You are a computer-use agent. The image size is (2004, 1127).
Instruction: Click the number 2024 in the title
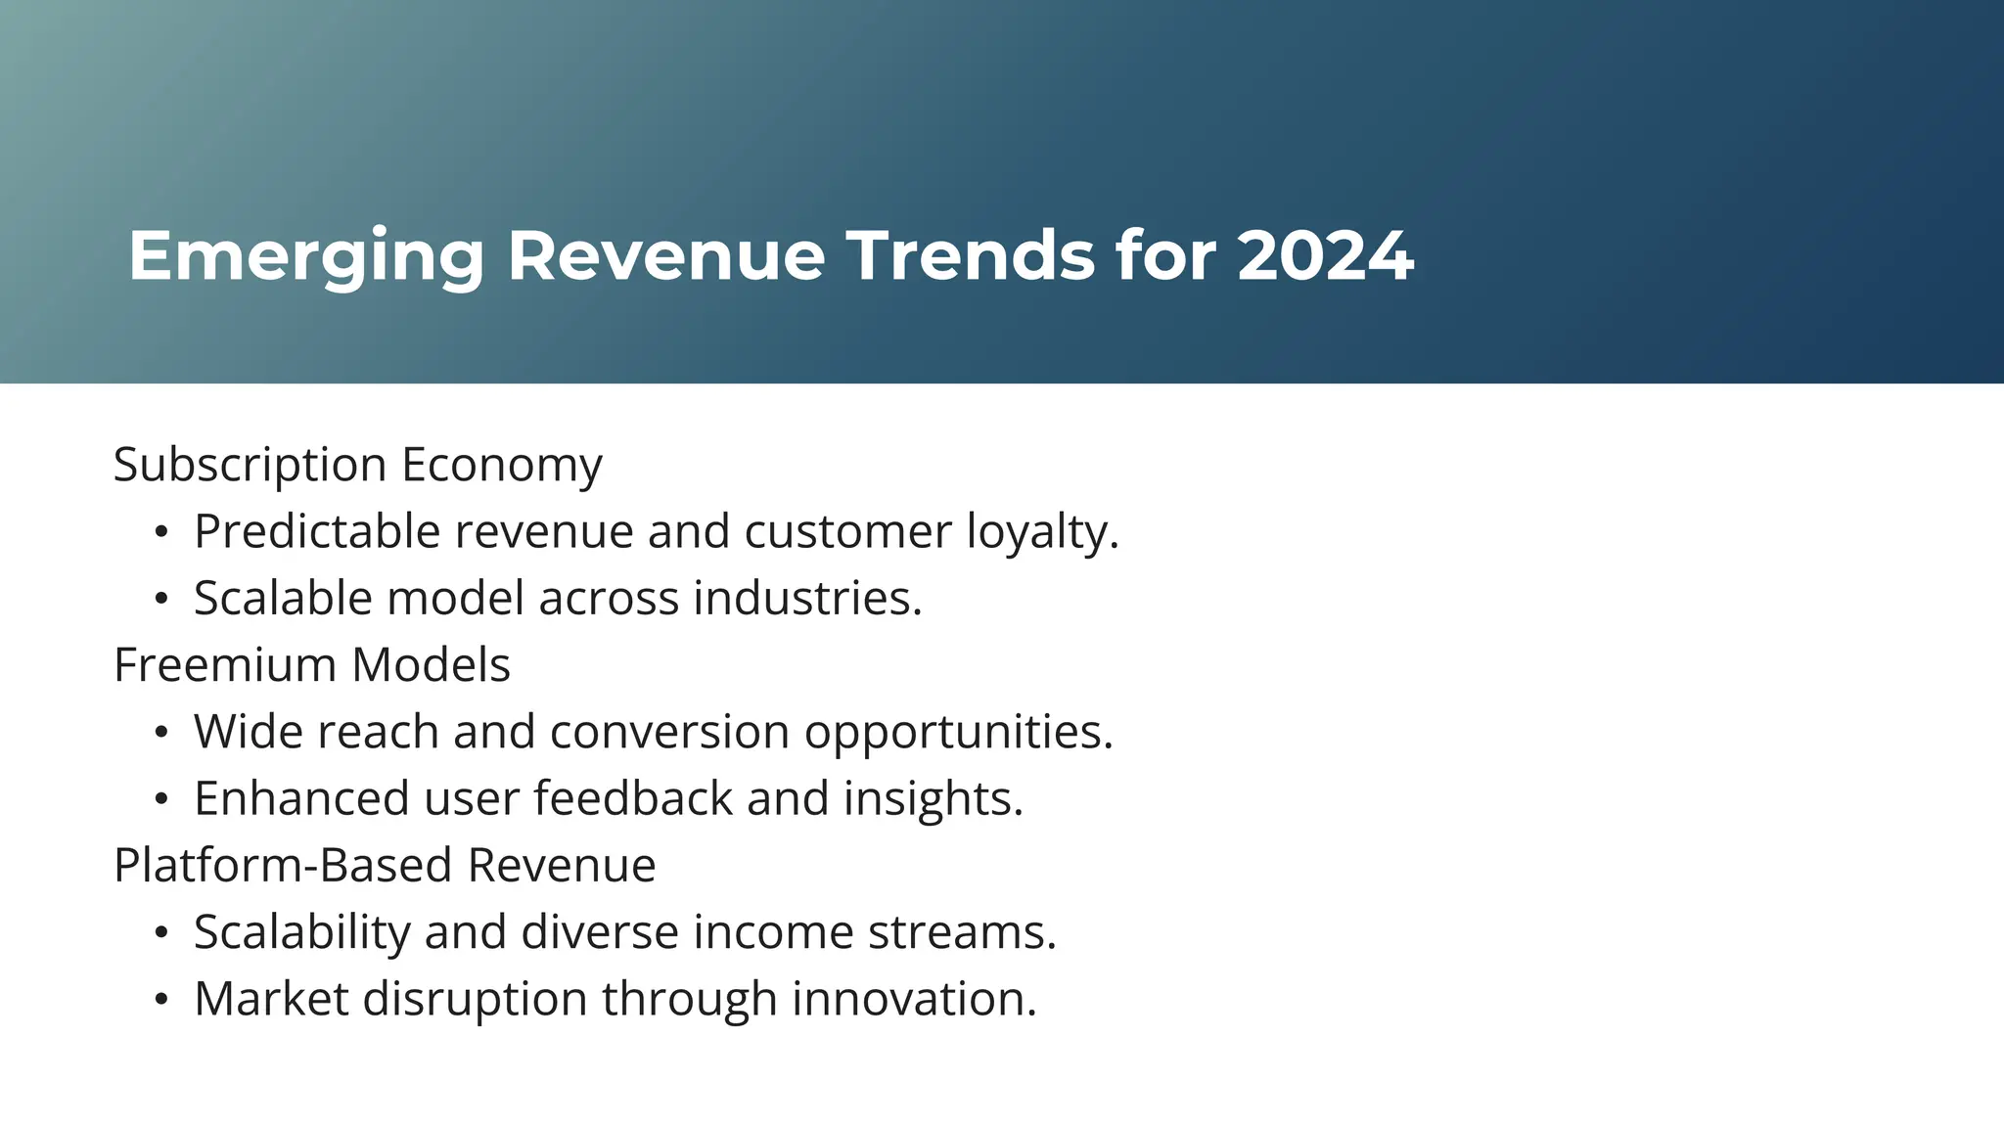click(x=1325, y=256)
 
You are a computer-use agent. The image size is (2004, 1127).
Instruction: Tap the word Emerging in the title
click(x=306, y=256)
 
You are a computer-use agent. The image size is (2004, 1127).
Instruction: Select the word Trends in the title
click(x=971, y=256)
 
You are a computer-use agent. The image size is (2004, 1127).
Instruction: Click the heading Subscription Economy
click(x=357, y=465)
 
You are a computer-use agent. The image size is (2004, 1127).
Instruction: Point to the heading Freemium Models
click(x=312, y=665)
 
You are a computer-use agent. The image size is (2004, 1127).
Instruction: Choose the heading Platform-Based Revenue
click(x=385, y=866)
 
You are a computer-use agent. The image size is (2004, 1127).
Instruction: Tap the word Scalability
click(x=301, y=932)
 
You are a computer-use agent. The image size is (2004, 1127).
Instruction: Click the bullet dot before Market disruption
click(x=161, y=1000)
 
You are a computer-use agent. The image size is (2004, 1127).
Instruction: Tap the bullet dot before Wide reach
click(x=161, y=733)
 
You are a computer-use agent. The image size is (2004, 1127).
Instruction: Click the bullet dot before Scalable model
click(x=161, y=599)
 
